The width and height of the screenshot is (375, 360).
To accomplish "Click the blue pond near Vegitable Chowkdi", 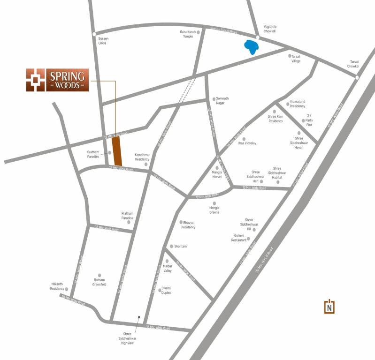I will pos(252,47).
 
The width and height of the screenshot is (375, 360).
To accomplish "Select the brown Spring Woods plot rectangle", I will pos(117,151).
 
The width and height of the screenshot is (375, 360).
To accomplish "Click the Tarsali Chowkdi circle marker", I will pos(357,77).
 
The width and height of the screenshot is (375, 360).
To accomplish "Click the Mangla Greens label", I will pos(214,210).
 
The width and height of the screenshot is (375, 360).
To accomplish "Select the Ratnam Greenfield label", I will pos(99,282).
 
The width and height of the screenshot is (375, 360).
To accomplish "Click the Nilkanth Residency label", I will pos(57,286).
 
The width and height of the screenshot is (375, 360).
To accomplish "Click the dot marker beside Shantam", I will pos(171,246).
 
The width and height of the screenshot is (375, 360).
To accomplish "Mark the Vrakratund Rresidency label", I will pos(298,104).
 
